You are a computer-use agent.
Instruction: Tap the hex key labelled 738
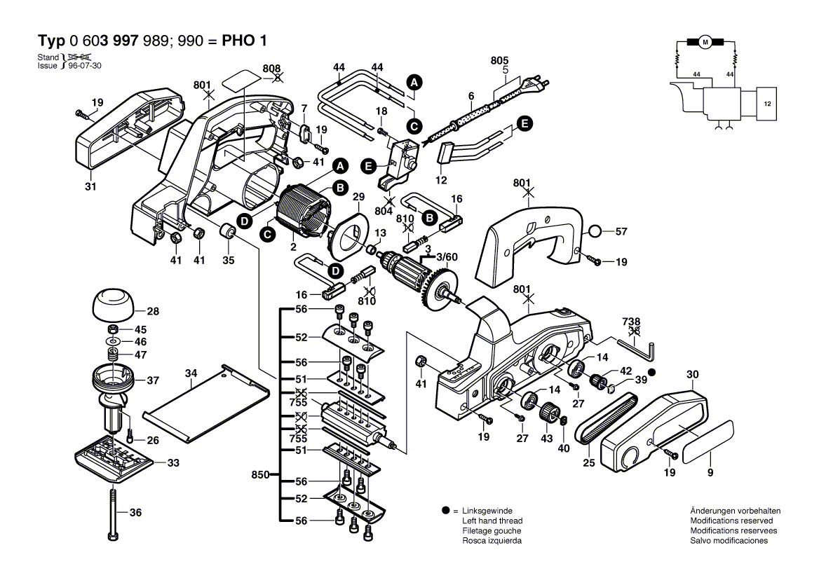point(637,345)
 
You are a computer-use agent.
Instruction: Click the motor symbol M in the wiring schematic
point(705,43)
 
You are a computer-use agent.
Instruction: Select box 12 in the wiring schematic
point(766,103)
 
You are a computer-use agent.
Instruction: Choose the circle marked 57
point(594,231)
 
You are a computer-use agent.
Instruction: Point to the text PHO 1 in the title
point(246,40)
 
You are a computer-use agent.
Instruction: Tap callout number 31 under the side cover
point(90,186)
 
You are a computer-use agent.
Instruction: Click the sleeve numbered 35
point(228,231)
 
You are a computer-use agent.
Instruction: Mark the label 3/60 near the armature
point(447,257)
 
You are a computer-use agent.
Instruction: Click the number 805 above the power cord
point(500,62)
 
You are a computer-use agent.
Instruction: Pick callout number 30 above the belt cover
point(693,376)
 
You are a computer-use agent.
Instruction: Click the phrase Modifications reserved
point(731,521)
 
